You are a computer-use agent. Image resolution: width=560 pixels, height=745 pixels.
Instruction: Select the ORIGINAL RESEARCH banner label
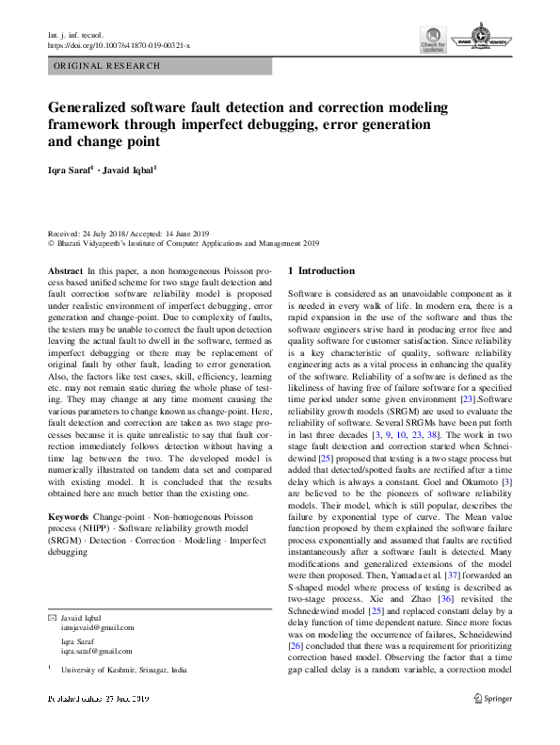[x=108, y=67]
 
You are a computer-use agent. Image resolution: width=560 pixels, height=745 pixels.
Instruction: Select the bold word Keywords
[x=69, y=518]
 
